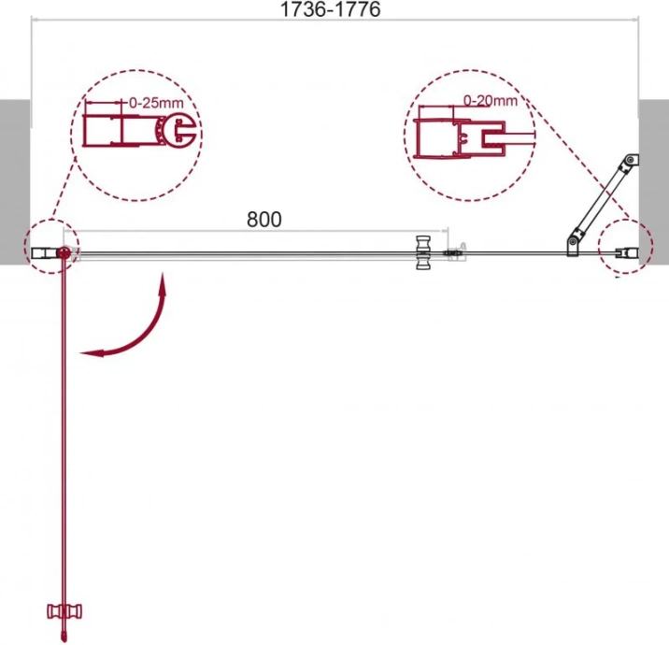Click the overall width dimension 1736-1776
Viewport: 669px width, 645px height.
(330, 9)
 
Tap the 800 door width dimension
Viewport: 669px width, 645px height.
(264, 220)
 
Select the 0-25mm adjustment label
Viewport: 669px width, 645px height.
(156, 103)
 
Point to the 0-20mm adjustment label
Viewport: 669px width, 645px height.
(491, 101)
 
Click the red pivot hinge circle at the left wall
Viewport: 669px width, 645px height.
(64, 252)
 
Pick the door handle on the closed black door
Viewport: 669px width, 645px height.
(423, 252)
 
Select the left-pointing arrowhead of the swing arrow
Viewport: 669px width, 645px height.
(91, 352)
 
